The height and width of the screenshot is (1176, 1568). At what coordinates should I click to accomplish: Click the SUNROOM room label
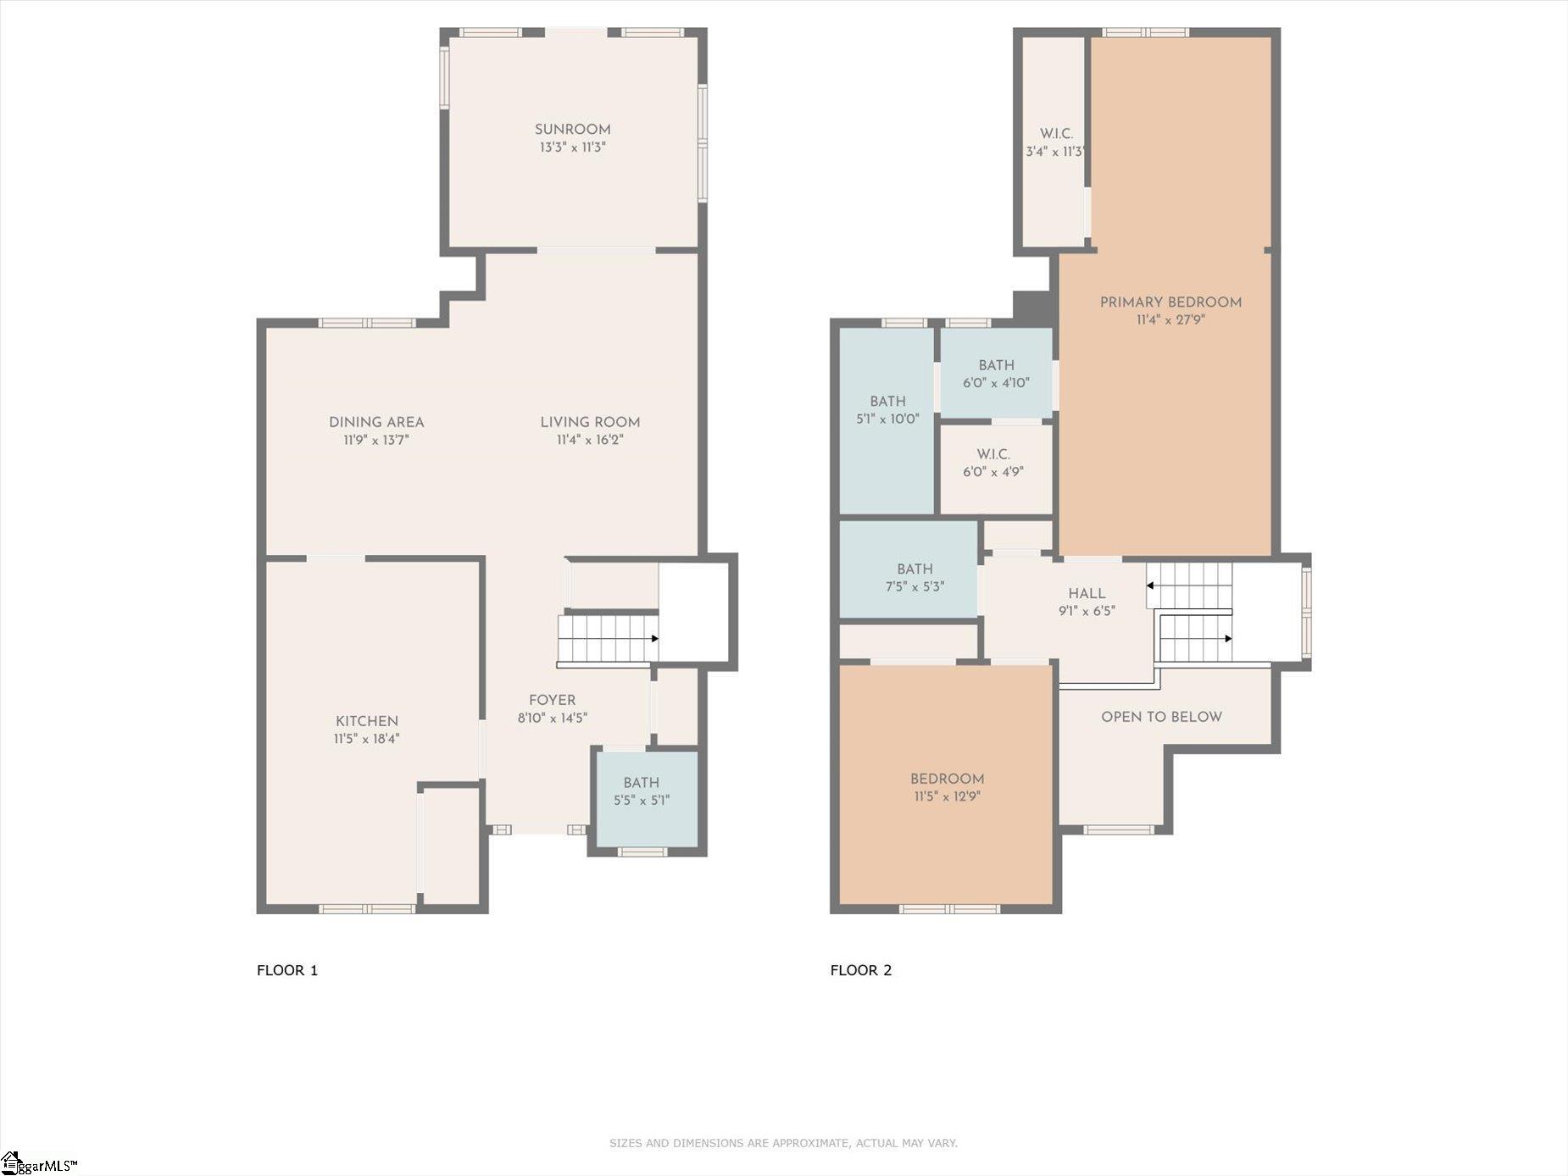[572, 130]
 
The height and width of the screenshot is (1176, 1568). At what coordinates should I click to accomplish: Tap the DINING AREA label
[376, 422]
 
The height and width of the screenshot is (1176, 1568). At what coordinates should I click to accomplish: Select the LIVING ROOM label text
[590, 422]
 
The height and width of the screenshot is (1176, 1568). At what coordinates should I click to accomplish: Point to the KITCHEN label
[366, 721]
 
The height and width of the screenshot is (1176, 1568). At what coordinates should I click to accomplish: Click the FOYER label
[552, 700]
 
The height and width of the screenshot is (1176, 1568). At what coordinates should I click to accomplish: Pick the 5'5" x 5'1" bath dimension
[642, 800]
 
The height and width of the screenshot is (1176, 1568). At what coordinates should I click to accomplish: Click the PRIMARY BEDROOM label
[1170, 302]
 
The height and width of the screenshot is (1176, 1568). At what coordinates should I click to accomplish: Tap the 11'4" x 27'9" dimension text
[1170, 320]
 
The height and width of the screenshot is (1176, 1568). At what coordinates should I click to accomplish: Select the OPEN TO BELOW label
[1161, 717]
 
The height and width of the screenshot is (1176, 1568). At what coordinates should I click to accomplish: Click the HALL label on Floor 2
[1087, 594]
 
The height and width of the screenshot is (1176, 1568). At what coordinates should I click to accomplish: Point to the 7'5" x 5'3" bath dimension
[915, 586]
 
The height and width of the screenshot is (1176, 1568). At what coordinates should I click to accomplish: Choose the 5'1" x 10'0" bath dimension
[887, 419]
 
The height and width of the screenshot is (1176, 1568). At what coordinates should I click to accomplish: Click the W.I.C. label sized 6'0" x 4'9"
[993, 454]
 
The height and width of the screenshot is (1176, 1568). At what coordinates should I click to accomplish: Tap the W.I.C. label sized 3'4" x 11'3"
[1056, 134]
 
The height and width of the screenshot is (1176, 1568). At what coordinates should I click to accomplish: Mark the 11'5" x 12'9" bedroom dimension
[947, 796]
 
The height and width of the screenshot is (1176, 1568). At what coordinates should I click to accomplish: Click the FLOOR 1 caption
[287, 970]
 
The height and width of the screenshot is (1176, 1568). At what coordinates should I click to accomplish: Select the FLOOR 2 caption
[861, 970]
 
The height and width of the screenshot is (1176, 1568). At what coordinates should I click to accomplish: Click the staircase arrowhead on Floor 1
[654, 639]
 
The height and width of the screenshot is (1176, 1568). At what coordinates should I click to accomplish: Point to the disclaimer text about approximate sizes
[783, 1143]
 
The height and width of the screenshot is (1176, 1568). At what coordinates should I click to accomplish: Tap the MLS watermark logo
[39, 1164]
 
